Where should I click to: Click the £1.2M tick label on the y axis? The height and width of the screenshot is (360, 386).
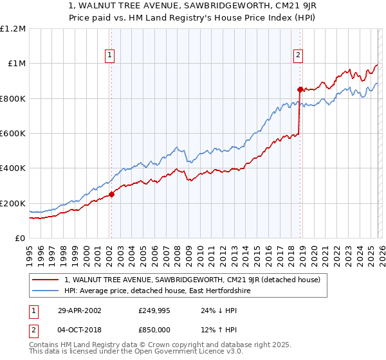click(14, 28)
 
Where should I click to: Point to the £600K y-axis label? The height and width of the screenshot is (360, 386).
click(14, 133)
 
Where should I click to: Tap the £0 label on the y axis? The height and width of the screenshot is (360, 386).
click(20, 238)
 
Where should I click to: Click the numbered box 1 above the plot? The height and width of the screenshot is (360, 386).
click(111, 56)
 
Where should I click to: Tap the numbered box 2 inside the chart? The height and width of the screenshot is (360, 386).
click(299, 56)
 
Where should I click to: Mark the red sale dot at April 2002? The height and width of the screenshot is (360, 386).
click(111, 194)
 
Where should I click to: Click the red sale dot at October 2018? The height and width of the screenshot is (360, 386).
click(300, 89)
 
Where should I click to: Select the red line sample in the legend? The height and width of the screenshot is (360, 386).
click(46, 280)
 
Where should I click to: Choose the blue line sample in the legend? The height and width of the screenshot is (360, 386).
click(46, 291)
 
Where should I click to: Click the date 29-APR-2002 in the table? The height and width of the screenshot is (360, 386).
click(77, 310)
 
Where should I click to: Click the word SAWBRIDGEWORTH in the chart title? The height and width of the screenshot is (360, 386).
click(193, 6)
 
